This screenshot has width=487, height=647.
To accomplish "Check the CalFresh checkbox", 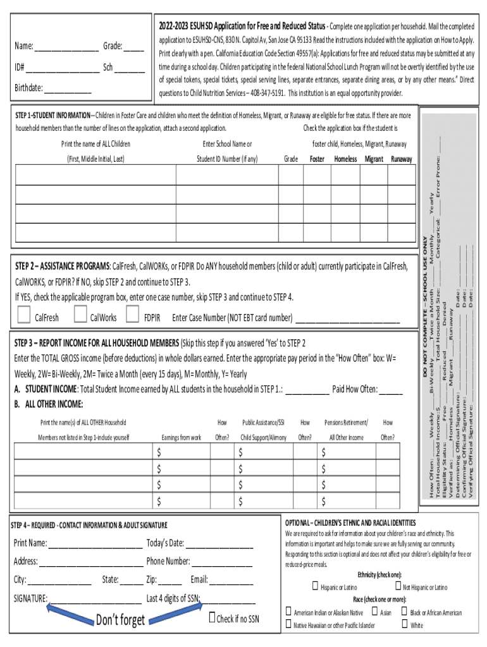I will click(23, 313).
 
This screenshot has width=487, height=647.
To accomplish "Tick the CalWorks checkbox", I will click(80, 313).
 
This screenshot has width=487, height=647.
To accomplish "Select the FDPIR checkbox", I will click(133, 313).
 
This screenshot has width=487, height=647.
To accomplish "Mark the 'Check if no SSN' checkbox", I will click(213, 617).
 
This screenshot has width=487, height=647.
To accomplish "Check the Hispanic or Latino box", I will click(315, 586).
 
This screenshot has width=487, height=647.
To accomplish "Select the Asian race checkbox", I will click(374, 611).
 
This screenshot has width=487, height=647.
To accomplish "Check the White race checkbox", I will click(404, 624).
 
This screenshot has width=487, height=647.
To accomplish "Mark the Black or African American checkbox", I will click(404, 611).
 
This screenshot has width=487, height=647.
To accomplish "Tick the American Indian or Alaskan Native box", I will click(288, 611).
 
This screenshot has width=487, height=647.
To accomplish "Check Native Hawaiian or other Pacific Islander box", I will click(288, 624).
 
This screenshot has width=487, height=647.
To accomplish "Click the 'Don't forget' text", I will click(120, 620).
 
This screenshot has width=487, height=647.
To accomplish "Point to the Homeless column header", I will click(345, 159).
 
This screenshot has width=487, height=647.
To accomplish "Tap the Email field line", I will click(231, 581).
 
